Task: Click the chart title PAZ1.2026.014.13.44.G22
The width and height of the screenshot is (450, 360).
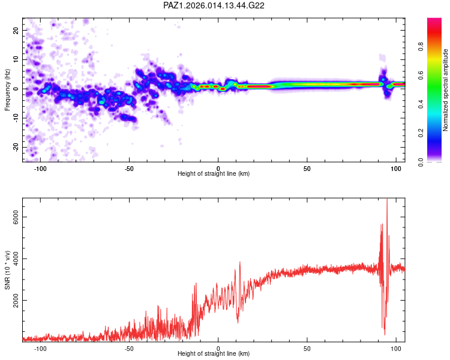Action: tap(214, 5)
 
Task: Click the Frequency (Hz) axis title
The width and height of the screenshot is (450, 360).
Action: tap(8, 89)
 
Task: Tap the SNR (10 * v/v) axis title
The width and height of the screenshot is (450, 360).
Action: tap(8, 269)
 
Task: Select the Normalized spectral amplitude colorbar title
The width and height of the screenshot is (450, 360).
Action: tap(446, 89)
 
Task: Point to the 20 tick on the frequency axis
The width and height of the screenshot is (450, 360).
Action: tap(16, 30)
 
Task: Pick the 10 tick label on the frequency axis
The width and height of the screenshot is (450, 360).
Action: tap(16, 59)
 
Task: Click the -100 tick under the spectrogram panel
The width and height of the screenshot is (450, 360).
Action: tap(40, 169)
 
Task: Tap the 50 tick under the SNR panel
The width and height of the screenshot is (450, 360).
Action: tap(307, 349)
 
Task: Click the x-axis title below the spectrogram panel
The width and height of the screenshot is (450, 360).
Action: tap(214, 175)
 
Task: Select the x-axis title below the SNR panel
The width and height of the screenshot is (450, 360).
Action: tap(214, 355)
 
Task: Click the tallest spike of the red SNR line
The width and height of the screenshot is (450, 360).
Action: tap(387, 200)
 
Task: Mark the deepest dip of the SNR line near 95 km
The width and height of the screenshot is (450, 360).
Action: tap(385, 334)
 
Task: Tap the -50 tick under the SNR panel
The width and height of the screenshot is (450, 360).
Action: tap(129, 349)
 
